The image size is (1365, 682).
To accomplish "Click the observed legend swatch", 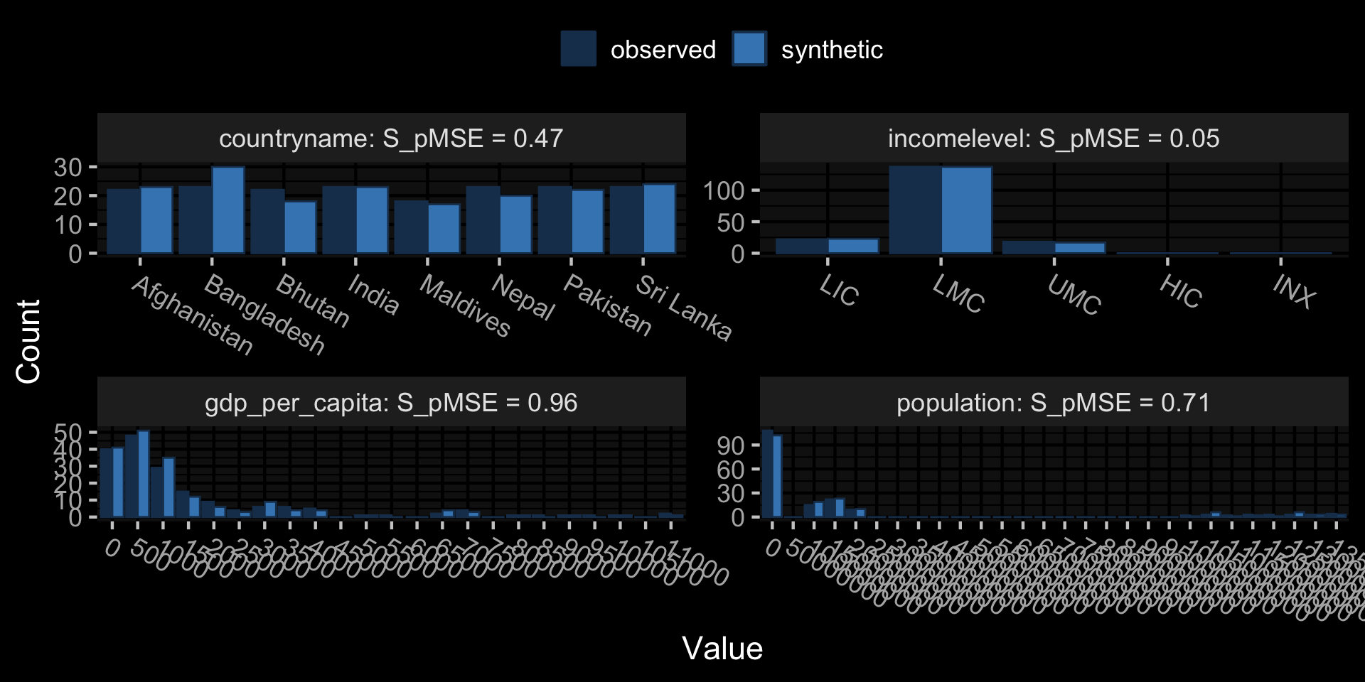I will click(578, 49).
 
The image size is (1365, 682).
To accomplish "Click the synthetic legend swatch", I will click(749, 49).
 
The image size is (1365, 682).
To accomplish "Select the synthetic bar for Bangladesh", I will click(228, 210).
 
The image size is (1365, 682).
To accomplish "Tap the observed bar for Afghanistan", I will click(124, 221).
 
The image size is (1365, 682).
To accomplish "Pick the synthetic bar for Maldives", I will click(444, 229).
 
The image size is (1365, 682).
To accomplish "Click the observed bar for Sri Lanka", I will click(626, 220).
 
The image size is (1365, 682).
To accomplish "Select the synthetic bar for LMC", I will click(966, 210).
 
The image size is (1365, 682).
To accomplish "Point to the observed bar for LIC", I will click(801, 246).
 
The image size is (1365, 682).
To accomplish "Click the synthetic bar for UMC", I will click(1080, 248).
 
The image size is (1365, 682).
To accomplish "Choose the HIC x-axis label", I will click(1181, 292).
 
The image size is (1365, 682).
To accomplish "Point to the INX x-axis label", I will click(1294, 291).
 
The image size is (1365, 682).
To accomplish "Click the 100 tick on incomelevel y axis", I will click(723, 190).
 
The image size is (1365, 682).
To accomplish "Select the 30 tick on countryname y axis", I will click(68, 168).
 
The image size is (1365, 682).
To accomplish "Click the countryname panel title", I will click(391, 138).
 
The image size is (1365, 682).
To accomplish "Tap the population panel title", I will click(1053, 403).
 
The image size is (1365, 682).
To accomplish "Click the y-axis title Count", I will click(28, 342).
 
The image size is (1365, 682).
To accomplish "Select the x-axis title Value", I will click(722, 648).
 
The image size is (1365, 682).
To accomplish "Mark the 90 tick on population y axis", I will click(730, 445).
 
